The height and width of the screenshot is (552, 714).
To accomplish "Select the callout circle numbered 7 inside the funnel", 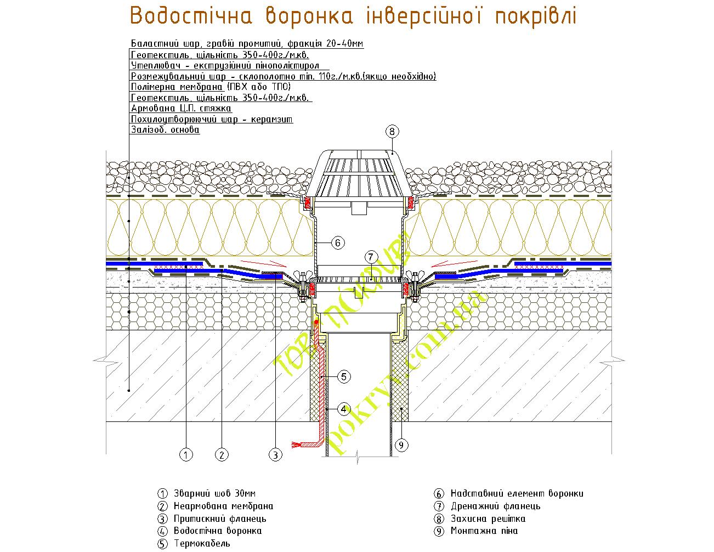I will pyautogui.click(x=371, y=257).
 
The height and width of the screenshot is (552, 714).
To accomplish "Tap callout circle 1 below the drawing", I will pyautogui.click(x=186, y=455).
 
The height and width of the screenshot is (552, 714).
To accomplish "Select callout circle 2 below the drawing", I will pyautogui.click(x=222, y=455).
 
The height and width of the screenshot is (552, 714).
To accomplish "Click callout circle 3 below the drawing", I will pyautogui.click(x=275, y=455).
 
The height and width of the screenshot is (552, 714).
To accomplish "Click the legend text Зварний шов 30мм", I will pyautogui.click(x=214, y=493).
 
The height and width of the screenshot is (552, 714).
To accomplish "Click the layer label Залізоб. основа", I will pyautogui.click(x=165, y=130).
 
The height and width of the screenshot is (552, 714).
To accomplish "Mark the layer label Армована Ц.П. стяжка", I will pyautogui.click(x=181, y=109).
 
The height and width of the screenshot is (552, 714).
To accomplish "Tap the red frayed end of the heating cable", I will pyautogui.click(x=299, y=444).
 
